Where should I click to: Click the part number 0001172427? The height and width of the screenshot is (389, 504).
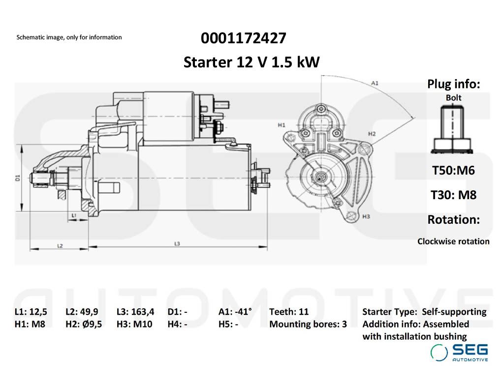point(243,38)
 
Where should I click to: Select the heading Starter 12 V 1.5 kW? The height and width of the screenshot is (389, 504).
point(252,62)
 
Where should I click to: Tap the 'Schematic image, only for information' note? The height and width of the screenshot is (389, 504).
point(69,37)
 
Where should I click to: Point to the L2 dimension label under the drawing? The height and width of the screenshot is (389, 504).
point(60,245)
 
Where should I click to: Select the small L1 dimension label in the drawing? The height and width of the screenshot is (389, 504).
point(73,215)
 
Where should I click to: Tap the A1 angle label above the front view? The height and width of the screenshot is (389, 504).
point(375,83)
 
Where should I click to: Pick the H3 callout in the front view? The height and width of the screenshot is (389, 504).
point(366,216)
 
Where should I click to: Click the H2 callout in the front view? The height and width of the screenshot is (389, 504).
point(372,134)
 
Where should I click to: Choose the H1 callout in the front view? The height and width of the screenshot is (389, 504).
point(282,125)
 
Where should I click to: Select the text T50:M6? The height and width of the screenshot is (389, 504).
point(453,171)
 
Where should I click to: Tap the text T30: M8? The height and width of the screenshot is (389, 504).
point(453,195)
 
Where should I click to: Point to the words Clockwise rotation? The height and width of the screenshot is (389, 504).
point(453,241)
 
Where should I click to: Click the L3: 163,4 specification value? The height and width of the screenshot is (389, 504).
point(135,311)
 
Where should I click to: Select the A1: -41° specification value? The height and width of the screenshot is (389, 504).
point(235,311)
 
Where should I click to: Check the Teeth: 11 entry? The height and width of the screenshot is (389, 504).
point(289,311)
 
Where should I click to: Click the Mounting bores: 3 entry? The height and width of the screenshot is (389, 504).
point(308,324)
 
